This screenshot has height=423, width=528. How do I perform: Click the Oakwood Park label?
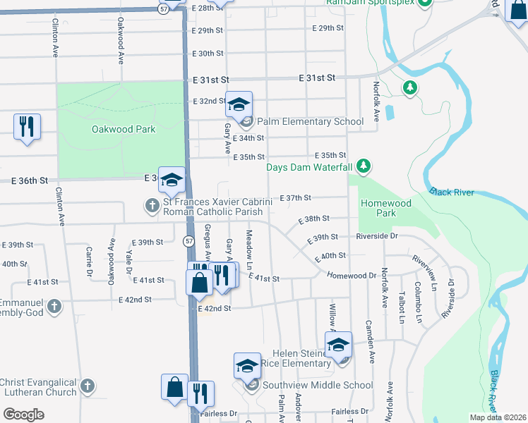124,130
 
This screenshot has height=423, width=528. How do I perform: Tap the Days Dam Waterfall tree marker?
364,166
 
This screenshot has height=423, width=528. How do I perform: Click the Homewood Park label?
385,207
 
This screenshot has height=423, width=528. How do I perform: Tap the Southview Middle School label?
318,385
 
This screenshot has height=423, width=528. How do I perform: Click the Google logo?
23,414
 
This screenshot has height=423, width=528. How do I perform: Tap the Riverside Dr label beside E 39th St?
378,236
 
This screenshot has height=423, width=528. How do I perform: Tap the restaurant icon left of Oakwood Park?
27,127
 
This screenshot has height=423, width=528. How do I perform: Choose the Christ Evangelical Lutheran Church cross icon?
87,386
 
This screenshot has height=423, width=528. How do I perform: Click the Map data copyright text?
498,417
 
